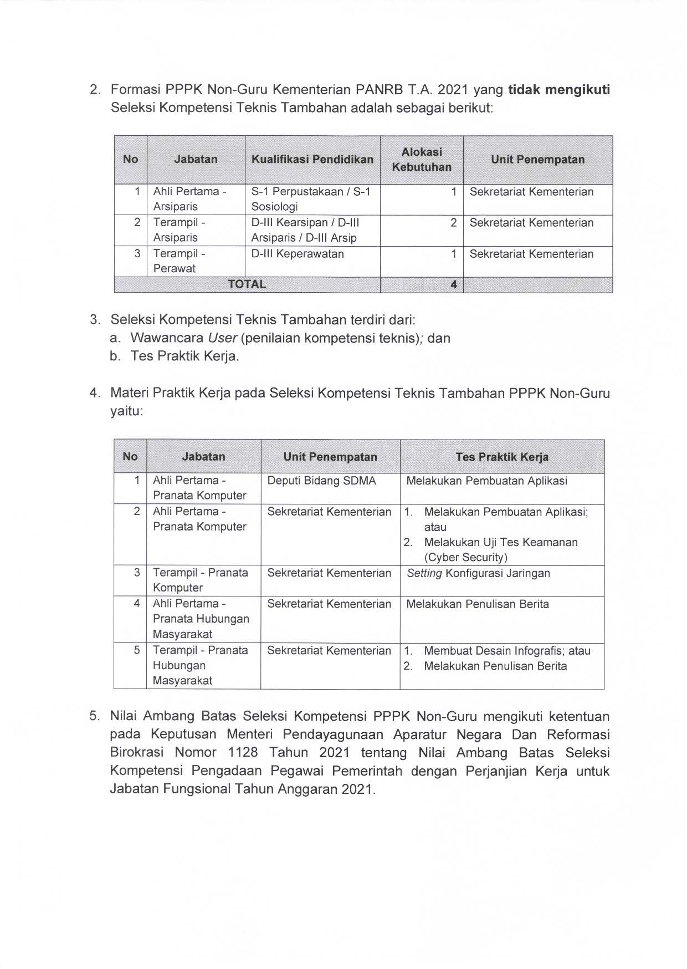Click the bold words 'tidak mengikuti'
click(x=559, y=90)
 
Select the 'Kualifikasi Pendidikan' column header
click(x=312, y=160)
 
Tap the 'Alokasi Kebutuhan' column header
click(x=422, y=160)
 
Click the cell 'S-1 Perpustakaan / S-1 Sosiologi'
click(x=311, y=199)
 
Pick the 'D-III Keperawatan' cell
click(x=298, y=254)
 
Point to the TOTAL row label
click(x=247, y=284)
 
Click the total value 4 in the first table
click(x=454, y=285)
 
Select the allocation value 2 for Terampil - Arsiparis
click(x=454, y=223)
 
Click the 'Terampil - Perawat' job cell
click(x=179, y=261)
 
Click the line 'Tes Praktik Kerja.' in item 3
click(x=185, y=356)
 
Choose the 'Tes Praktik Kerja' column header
click(x=502, y=457)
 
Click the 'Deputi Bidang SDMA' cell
click(x=321, y=481)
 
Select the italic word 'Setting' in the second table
click(x=424, y=573)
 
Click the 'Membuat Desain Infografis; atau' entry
click(x=507, y=651)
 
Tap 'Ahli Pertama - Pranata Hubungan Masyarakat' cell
click(x=201, y=619)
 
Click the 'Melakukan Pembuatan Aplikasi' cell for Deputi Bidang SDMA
click(x=486, y=481)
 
